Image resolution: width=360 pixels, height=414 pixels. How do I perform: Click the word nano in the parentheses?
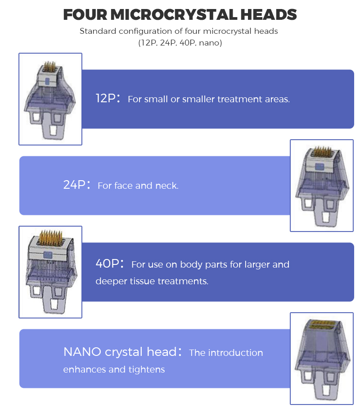coord(210,43)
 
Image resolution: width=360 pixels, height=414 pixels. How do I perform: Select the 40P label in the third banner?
coord(106,264)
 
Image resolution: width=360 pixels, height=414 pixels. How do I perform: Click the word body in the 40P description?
coord(191,264)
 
